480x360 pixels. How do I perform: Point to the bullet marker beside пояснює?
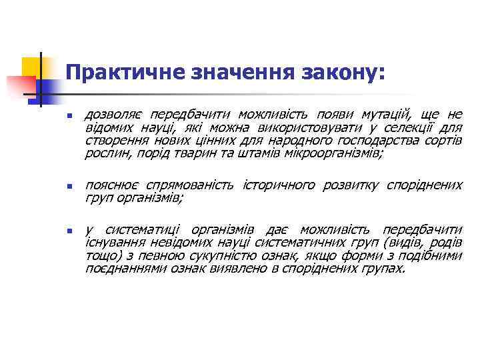68,186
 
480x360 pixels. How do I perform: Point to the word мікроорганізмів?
333,153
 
